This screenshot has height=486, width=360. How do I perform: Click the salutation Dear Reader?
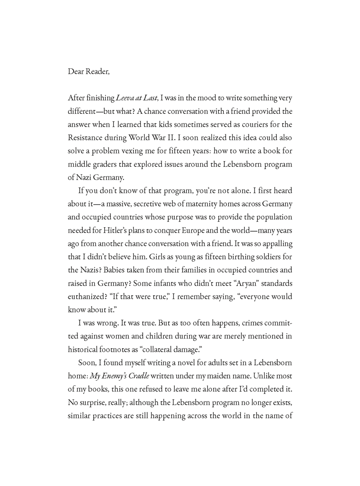point(88,72)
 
